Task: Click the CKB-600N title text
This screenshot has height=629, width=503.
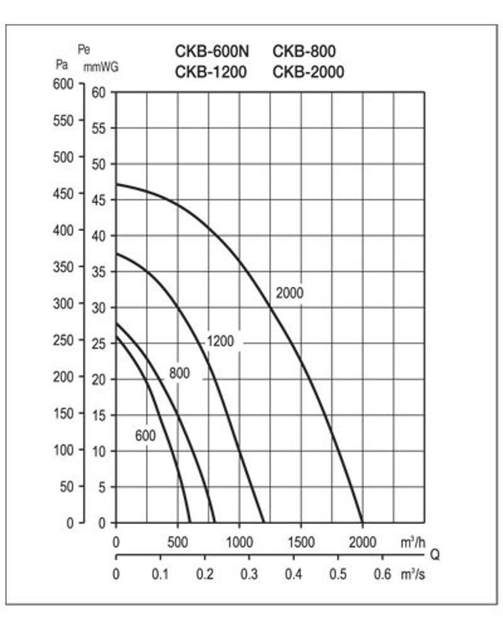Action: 211,51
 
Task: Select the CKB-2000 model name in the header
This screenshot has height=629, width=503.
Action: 308,72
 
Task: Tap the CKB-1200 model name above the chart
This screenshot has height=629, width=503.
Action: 211,72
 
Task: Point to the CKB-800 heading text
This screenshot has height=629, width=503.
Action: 304,51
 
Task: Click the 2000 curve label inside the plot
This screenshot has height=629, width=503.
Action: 289,293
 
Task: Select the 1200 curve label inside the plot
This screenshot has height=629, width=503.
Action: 220,342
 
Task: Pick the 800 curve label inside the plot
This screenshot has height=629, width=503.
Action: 179,373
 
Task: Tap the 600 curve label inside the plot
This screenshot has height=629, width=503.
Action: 145,435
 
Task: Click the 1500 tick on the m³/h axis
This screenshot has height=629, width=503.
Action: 301,542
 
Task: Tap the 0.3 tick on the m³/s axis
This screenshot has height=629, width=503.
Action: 249,574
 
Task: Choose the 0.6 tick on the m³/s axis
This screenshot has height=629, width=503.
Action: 382,574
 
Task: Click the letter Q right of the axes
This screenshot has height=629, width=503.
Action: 434,555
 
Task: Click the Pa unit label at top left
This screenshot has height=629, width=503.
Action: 62,64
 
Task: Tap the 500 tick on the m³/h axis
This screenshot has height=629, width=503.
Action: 178,542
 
